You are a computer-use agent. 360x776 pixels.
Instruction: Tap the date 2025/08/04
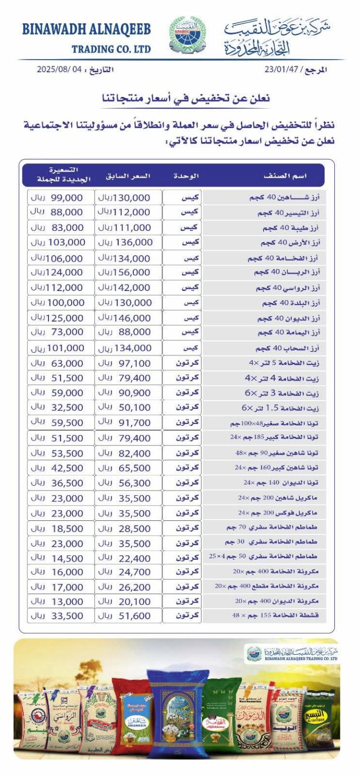click(59, 70)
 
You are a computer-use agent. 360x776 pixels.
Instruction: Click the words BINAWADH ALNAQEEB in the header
click(86, 30)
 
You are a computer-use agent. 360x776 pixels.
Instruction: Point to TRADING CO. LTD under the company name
click(111, 50)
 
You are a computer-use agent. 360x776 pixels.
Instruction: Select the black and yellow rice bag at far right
click(320, 717)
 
